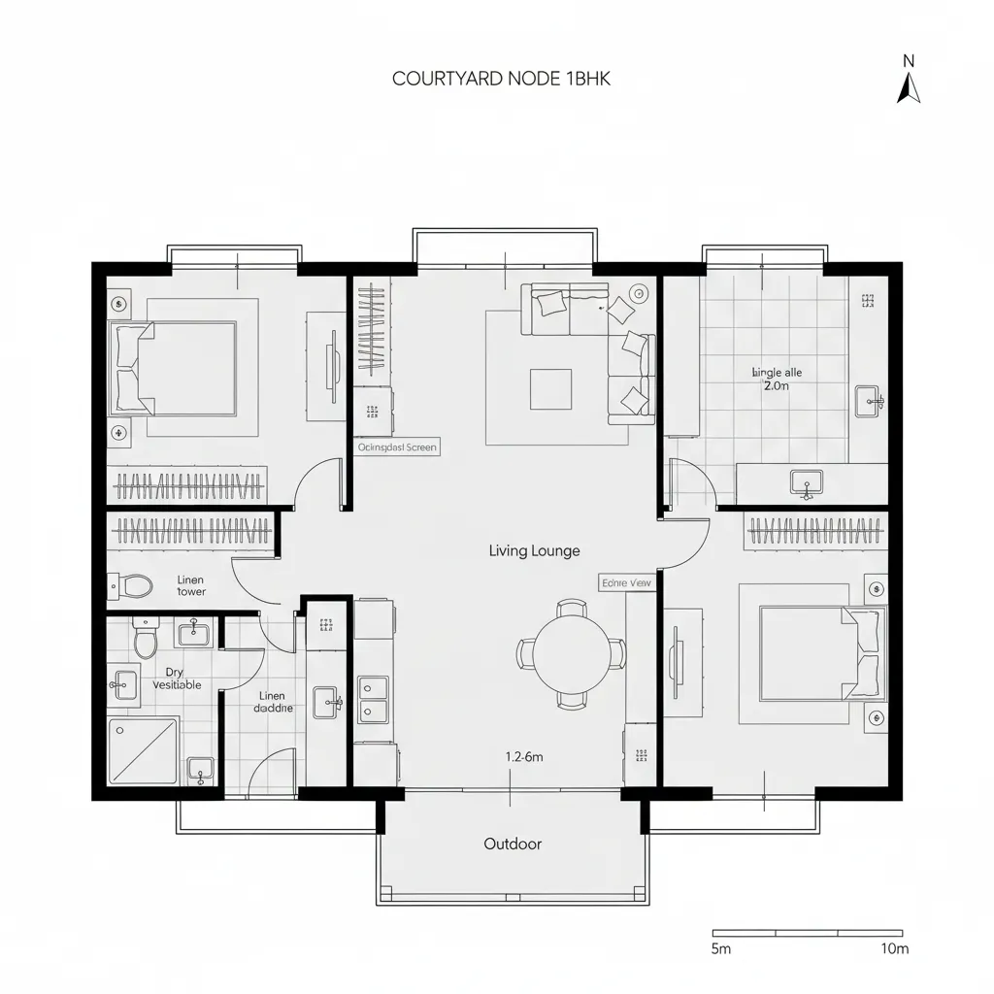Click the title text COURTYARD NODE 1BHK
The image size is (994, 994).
[501, 79]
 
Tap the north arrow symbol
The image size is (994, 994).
[909, 87]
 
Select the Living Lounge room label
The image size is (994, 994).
[534, 550]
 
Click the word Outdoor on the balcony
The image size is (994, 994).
[513, 844]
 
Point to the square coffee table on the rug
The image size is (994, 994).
[550, 389]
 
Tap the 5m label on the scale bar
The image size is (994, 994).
[721, 948]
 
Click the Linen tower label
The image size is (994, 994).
[191, 585]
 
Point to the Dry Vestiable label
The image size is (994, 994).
[177, 679]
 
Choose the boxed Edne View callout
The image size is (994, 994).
[627, 582]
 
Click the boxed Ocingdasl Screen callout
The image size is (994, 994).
[396, 447]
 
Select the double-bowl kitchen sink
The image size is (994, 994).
[373, 700]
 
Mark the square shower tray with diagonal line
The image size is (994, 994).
[144, 749]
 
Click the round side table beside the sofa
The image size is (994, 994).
[639, 293]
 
